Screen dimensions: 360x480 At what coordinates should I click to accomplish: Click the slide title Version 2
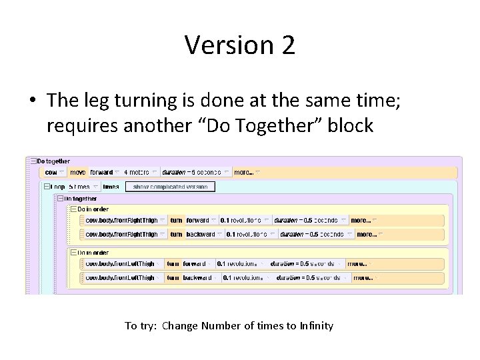pyautogui.click(x=240, y=45)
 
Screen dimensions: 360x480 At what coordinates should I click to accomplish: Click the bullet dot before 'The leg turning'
pyautogui.click(x=32, y=101)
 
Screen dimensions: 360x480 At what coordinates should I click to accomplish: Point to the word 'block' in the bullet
pyautogui.click(x=351, y=125)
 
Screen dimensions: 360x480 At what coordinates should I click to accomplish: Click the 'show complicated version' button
pyautogui.click(x=170, y=187)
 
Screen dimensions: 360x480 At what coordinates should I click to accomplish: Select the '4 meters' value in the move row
pyautogui.click(x=138, y=171)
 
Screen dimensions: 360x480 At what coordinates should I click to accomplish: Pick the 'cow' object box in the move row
pyautogui.click(x=51, y=171)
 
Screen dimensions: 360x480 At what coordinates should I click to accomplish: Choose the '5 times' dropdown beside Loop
pyautogui.click(x=81, y=187)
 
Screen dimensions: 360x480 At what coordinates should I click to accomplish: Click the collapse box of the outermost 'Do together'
pyautogui.click(x=32, y=161)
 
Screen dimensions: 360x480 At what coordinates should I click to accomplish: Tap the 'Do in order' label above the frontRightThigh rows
pyautogui.click(x=93, y=209)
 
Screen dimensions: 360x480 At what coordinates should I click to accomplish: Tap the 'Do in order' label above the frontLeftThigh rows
pyautogui.click(x=93, y=253)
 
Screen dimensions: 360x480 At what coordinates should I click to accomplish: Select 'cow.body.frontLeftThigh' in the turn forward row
pyautogui.click(x=120, y=263)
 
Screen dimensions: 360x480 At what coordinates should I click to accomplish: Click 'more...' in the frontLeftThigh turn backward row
pyautogui.click(x=363, y=277)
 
